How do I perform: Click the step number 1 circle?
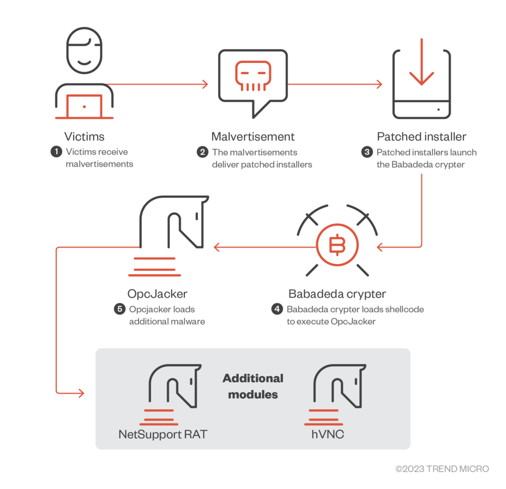[x=56, y=152]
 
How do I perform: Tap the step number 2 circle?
[x=202, y=152]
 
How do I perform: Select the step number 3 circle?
[x=367, y=152]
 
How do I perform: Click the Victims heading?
[x=84, y=136]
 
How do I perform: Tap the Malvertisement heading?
[x=253, y=136]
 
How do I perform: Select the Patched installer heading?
[x=422, y=136]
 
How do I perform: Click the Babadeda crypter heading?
[x=337, y=294]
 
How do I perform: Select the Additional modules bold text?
[x=253, y=386]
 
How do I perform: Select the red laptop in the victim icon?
[x=84, y=106]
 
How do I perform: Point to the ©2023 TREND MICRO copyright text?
[x=442, y=469]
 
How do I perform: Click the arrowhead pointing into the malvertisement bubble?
[x=205, y=84]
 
